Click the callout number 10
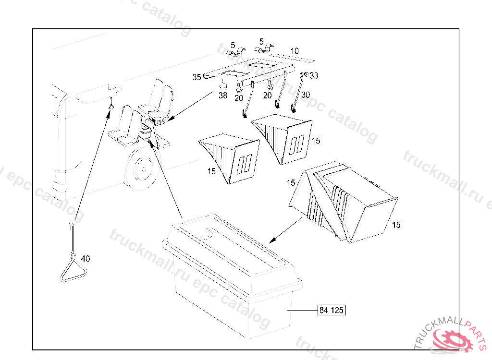295,51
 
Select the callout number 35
197,77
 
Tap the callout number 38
223,95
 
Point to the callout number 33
314,75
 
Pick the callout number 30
305,95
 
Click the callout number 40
86,259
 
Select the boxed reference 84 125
332,310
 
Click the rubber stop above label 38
222,85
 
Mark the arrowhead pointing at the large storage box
273,240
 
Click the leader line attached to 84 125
303,311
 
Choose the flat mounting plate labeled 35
248,72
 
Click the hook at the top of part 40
72,227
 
